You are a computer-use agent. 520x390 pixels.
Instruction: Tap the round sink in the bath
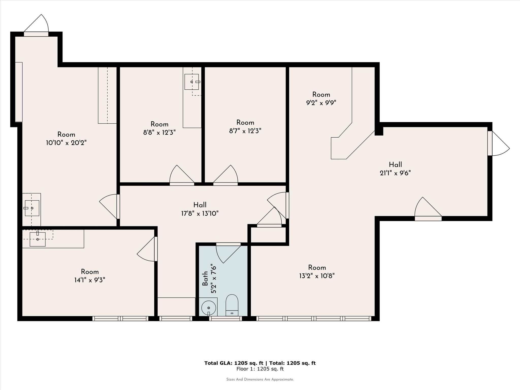click(x=208, y=307)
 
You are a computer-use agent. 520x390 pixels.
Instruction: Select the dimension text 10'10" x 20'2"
click(x=66, y=143)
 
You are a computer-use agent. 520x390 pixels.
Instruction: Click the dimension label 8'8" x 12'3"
click(x=159, y=132)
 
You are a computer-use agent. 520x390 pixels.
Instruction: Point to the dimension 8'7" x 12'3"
click(x=245, y=131)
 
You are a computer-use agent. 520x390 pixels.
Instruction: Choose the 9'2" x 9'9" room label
click(x=321, y=103)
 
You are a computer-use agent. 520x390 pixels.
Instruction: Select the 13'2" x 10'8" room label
click(x=317, y=276)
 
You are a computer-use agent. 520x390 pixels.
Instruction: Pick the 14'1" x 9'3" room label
click(x=90, y=280)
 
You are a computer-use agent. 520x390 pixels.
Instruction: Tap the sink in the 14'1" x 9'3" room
click(x=38, y=239)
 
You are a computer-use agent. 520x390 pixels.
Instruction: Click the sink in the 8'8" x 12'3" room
click(x=192, y=82)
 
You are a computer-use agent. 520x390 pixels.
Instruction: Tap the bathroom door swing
click(x=226, y=254)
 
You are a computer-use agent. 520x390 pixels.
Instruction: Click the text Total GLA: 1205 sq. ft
click(x=234, y=363)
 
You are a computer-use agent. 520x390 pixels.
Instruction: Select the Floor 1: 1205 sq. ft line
click(x=260, y=369)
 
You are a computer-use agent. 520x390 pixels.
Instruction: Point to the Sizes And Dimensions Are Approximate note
click(x=260, y=380)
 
